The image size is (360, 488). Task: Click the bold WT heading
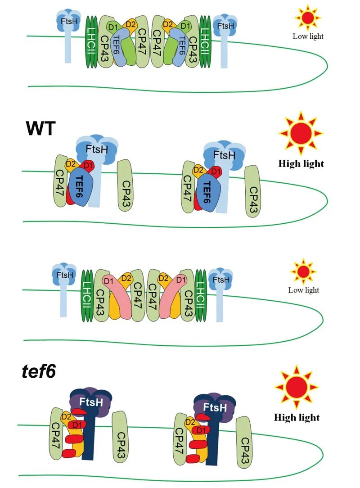40,128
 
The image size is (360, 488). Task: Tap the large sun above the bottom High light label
296,387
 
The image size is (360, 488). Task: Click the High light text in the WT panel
301,163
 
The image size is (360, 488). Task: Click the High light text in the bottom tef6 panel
297,417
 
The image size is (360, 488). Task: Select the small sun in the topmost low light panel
308,18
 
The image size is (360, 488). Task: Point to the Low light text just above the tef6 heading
303,290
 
